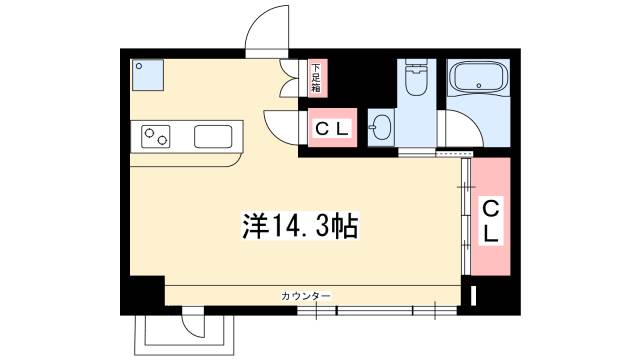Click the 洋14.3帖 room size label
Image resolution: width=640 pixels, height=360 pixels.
pos(300,226)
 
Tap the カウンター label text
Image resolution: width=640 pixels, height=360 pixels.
pos(306,296)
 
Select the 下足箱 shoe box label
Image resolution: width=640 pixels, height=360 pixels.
pos(316,78)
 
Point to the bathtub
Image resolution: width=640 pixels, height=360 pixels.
pos(478,78)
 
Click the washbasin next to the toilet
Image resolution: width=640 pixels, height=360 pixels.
pos(381,127)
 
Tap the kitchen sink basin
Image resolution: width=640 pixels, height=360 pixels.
pos(213,136)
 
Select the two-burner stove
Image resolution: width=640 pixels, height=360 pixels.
pos(156,136)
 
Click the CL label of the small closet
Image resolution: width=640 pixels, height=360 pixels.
pos(332,129)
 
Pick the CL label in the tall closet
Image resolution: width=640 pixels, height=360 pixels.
pos(491,222)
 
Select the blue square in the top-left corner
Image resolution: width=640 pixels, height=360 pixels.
pos(147,75)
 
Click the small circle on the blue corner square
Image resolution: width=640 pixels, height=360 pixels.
pos(139,66)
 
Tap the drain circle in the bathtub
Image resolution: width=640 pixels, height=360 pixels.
pos(479,86)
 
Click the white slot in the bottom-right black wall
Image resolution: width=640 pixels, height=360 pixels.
pos(473,296)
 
